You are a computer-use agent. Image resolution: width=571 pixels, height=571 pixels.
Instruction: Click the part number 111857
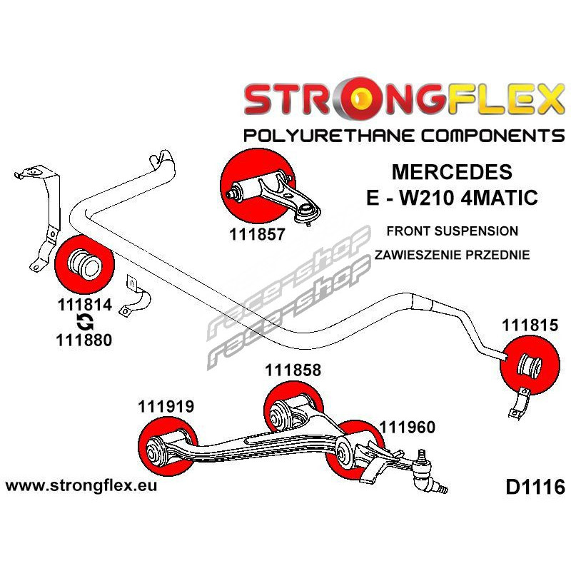(x=258, y=233)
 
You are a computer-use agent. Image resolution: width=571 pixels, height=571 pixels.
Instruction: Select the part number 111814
(x=83, y=304)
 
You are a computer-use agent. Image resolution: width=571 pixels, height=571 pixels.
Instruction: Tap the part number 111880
(x=83, y=340)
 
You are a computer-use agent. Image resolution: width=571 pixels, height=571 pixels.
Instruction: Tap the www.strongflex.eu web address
(x=81, y=486)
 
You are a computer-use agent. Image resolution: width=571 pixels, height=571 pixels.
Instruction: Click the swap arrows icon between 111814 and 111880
(x=83, y=322)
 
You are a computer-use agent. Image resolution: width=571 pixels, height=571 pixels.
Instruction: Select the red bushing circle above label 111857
(x=255, y=184)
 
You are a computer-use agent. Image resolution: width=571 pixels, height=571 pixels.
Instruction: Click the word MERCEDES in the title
(x=451, y=172)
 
